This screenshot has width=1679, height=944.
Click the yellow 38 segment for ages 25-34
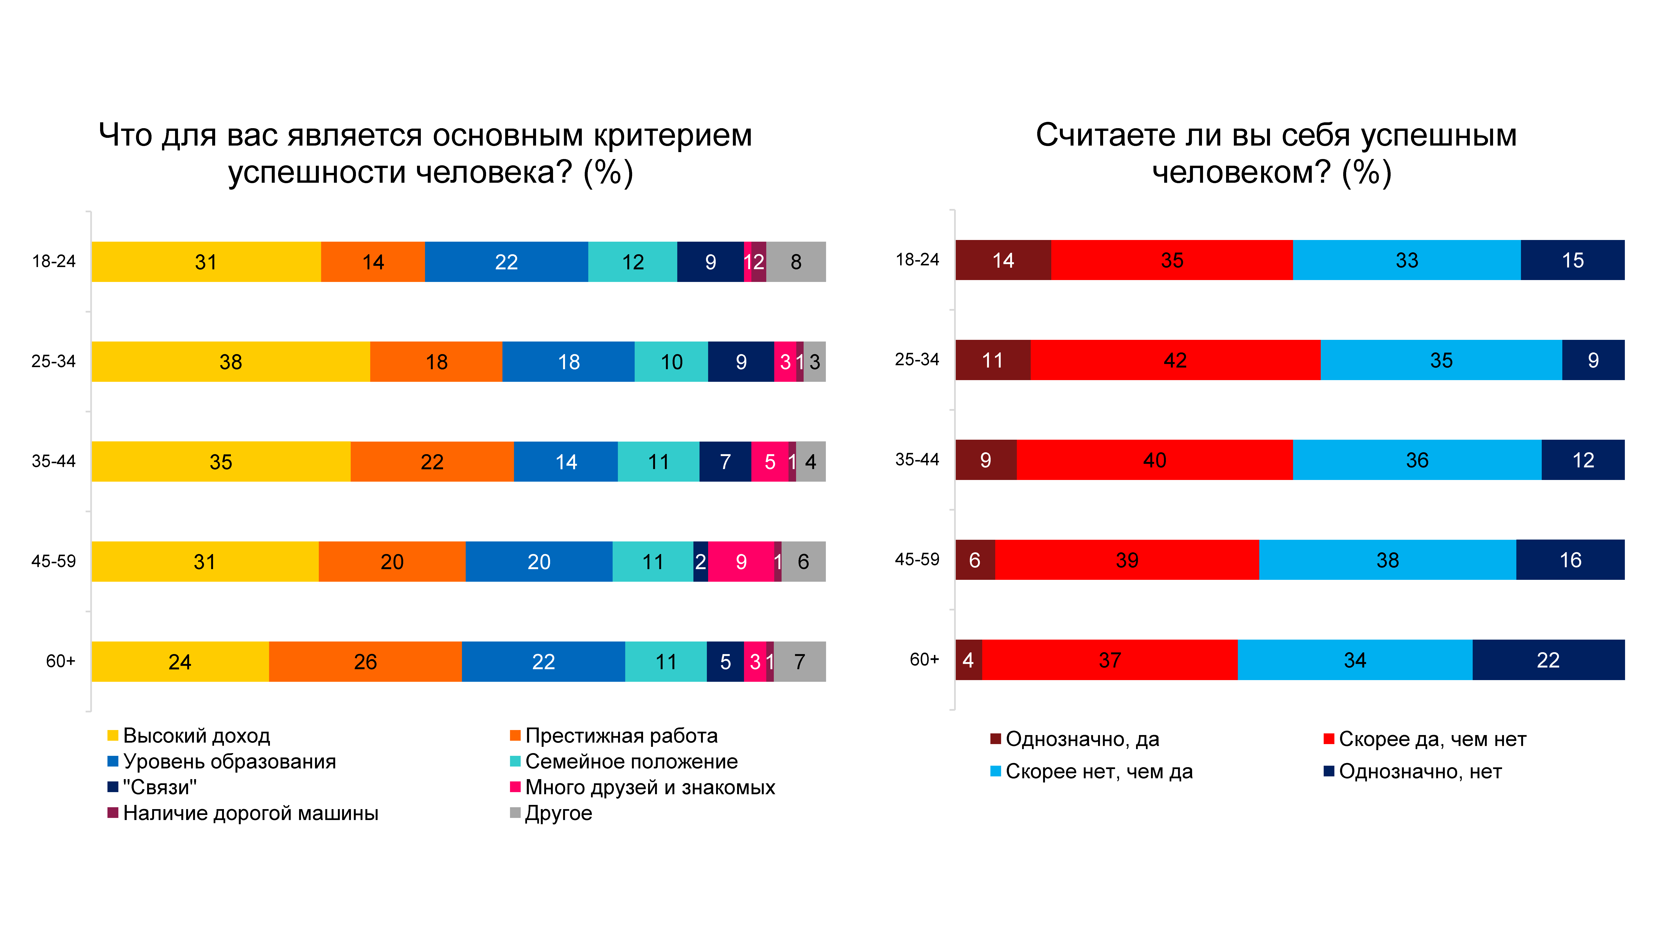point(231,362)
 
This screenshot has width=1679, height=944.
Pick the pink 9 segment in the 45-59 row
point(741,562)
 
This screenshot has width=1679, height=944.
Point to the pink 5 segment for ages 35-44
point(770,461)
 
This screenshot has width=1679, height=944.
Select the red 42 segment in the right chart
point(1175,360)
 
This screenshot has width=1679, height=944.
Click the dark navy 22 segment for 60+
point(1548,660)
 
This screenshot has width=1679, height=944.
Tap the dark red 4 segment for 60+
point(969,660)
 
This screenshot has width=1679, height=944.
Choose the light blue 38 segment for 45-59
point(1388,560)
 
